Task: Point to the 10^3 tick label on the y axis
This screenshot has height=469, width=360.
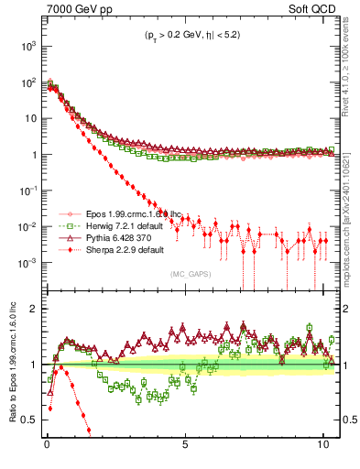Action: point(28,45)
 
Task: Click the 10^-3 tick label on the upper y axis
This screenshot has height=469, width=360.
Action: point(28,263)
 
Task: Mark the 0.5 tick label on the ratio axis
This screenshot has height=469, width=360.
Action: point(28,420)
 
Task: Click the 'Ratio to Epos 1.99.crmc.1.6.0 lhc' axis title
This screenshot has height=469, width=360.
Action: point(10,362)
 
